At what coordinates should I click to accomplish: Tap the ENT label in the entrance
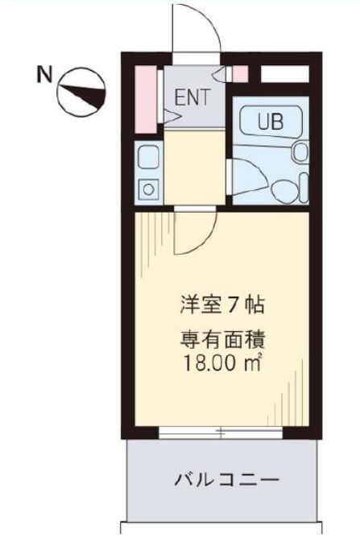(192, 97)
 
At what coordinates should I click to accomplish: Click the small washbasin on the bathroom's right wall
(300, 151)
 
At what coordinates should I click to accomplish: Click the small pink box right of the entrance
(240, 73)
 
